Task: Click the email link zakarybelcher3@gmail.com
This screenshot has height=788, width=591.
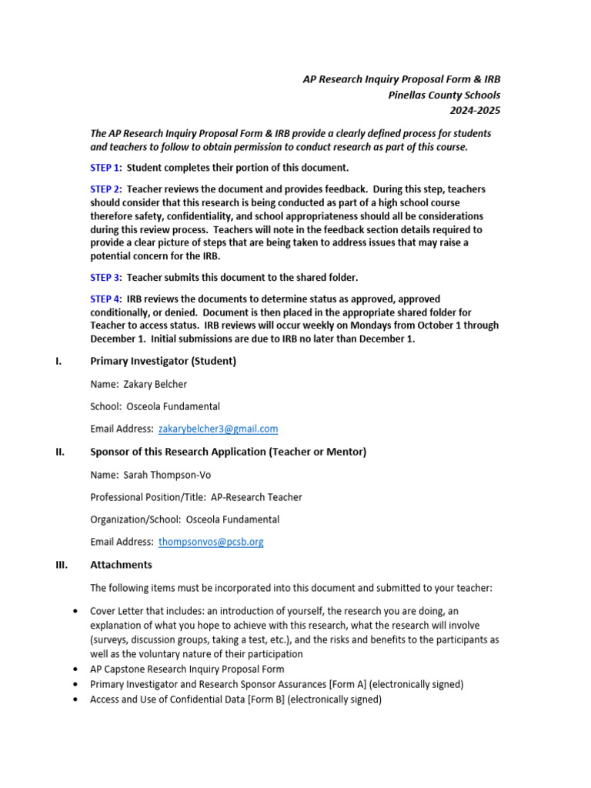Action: [x=218, y=429]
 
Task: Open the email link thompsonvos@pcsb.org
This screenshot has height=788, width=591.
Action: [x=211, y=542]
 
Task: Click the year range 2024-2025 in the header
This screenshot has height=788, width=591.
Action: [x=478, y=110]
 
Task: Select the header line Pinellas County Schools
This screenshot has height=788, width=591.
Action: [x=444, y=95]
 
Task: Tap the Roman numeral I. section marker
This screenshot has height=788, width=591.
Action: [x=58, y=361]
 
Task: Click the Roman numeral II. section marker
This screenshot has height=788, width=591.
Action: [x=60, y=452]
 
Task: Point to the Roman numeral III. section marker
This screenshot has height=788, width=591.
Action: [x=62, y=565]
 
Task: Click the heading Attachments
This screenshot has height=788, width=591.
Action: [x=121, y=565]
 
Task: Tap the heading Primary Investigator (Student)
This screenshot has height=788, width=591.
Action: [x=163, y=361]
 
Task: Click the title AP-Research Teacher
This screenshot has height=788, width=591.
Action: [x=245, y=497]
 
